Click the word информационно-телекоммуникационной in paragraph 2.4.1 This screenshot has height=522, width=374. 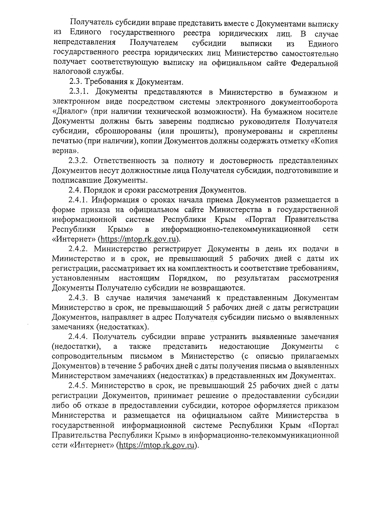[236, 229]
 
